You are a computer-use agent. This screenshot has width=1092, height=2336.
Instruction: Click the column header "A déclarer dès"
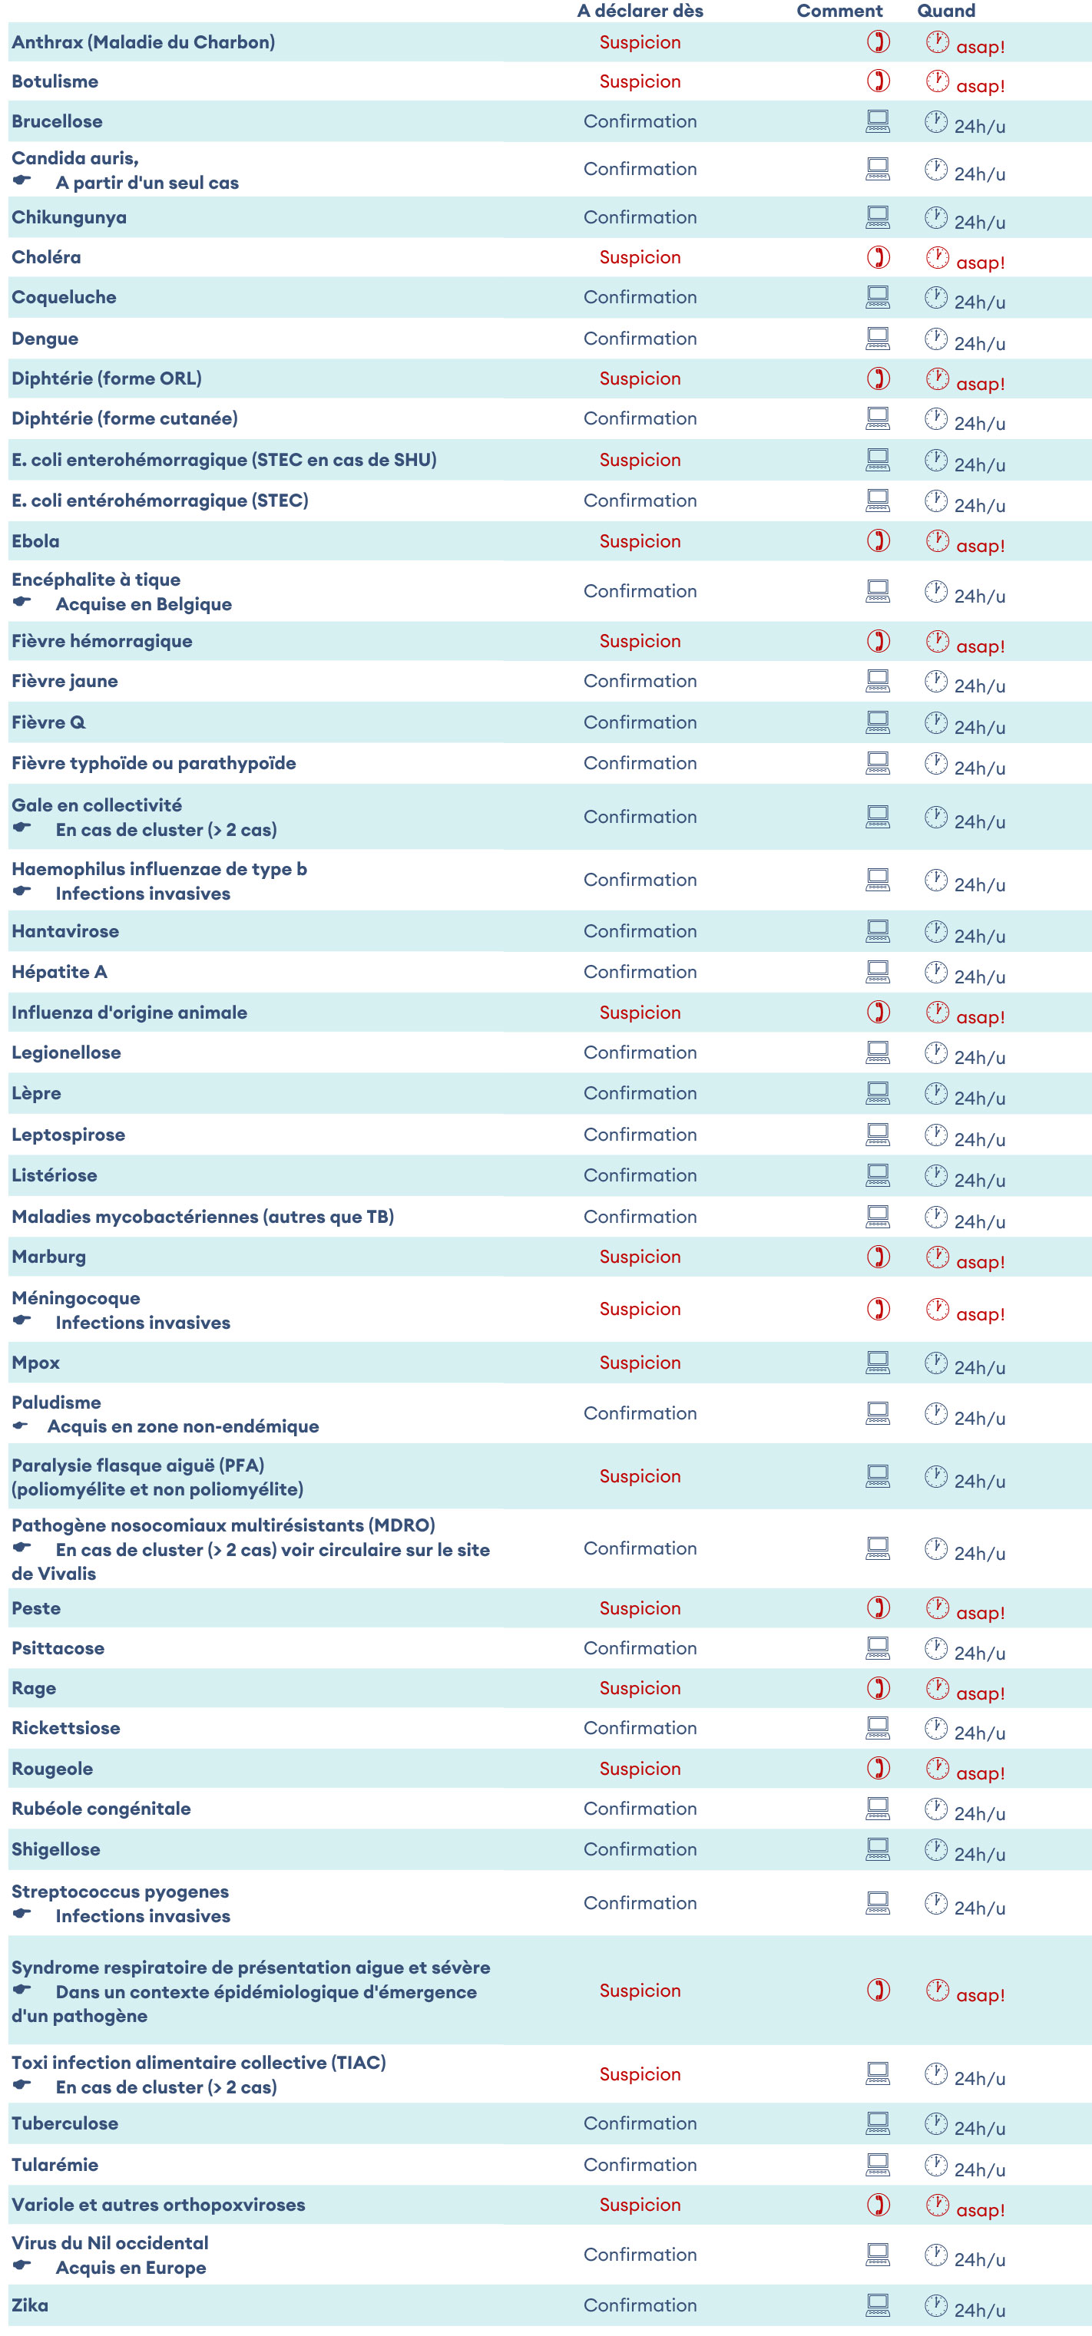pos(640,11)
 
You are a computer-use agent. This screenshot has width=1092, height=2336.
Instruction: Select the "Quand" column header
pos(945,11)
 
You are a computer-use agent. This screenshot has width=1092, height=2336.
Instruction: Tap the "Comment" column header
pos(839,11)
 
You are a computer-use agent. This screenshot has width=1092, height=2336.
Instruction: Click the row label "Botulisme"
pos(55,81)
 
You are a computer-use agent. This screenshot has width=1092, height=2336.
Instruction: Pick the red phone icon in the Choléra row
pos(877,256)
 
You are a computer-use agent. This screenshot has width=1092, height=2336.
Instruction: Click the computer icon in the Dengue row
pos(877,339)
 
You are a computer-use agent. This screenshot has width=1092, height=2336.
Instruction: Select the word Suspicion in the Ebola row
pos(640,541)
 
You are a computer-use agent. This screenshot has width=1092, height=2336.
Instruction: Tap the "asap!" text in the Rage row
pos(980,1693)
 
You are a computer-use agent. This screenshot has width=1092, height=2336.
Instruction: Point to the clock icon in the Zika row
pos(935,2305)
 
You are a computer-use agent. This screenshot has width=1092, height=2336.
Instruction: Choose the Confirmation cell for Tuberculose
pos(640,2123)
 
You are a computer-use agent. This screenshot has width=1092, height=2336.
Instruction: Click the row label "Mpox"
pos(35,1362)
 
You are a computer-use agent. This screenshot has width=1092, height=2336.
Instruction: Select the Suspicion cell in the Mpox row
pos(640,1362)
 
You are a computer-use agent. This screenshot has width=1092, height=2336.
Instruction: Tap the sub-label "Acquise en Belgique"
pos(144,604)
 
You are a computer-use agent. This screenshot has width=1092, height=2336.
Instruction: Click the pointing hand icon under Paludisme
pos(20,1426)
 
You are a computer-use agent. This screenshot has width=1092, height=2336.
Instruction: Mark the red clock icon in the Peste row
pos(937,1607)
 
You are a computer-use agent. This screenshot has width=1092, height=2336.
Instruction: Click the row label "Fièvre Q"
pos(48,722)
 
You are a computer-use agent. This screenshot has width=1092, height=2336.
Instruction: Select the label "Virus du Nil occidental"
pos(110,2242)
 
